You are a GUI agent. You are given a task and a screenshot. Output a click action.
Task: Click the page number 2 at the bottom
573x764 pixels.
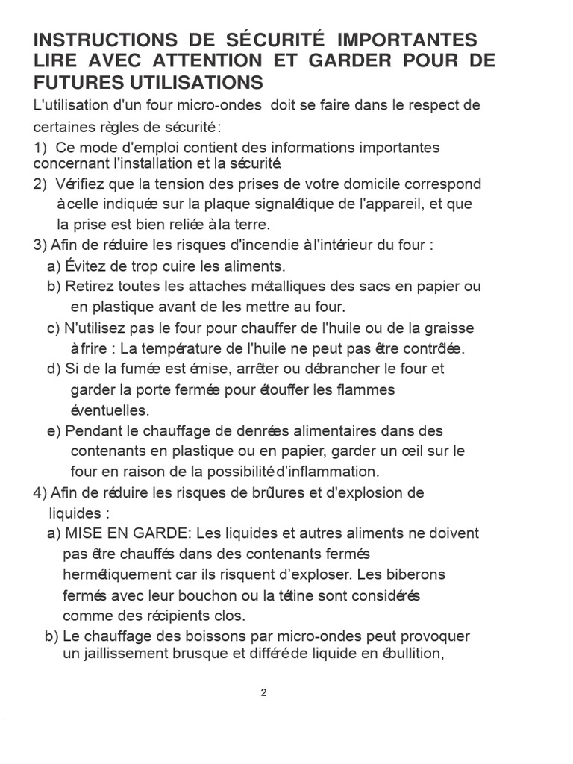click(263, 692)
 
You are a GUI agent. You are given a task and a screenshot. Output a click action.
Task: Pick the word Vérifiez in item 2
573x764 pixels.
click(78, 184)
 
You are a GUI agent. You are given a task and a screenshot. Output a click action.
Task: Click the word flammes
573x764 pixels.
click(358, 389)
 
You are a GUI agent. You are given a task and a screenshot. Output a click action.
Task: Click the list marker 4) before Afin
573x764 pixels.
click(40, 492)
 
